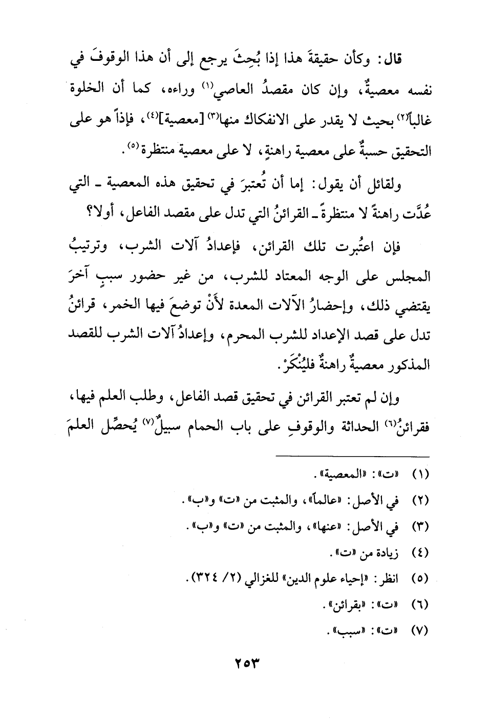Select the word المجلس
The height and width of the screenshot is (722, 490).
pos(411,277)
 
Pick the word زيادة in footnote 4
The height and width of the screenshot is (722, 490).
pos(390,552)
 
